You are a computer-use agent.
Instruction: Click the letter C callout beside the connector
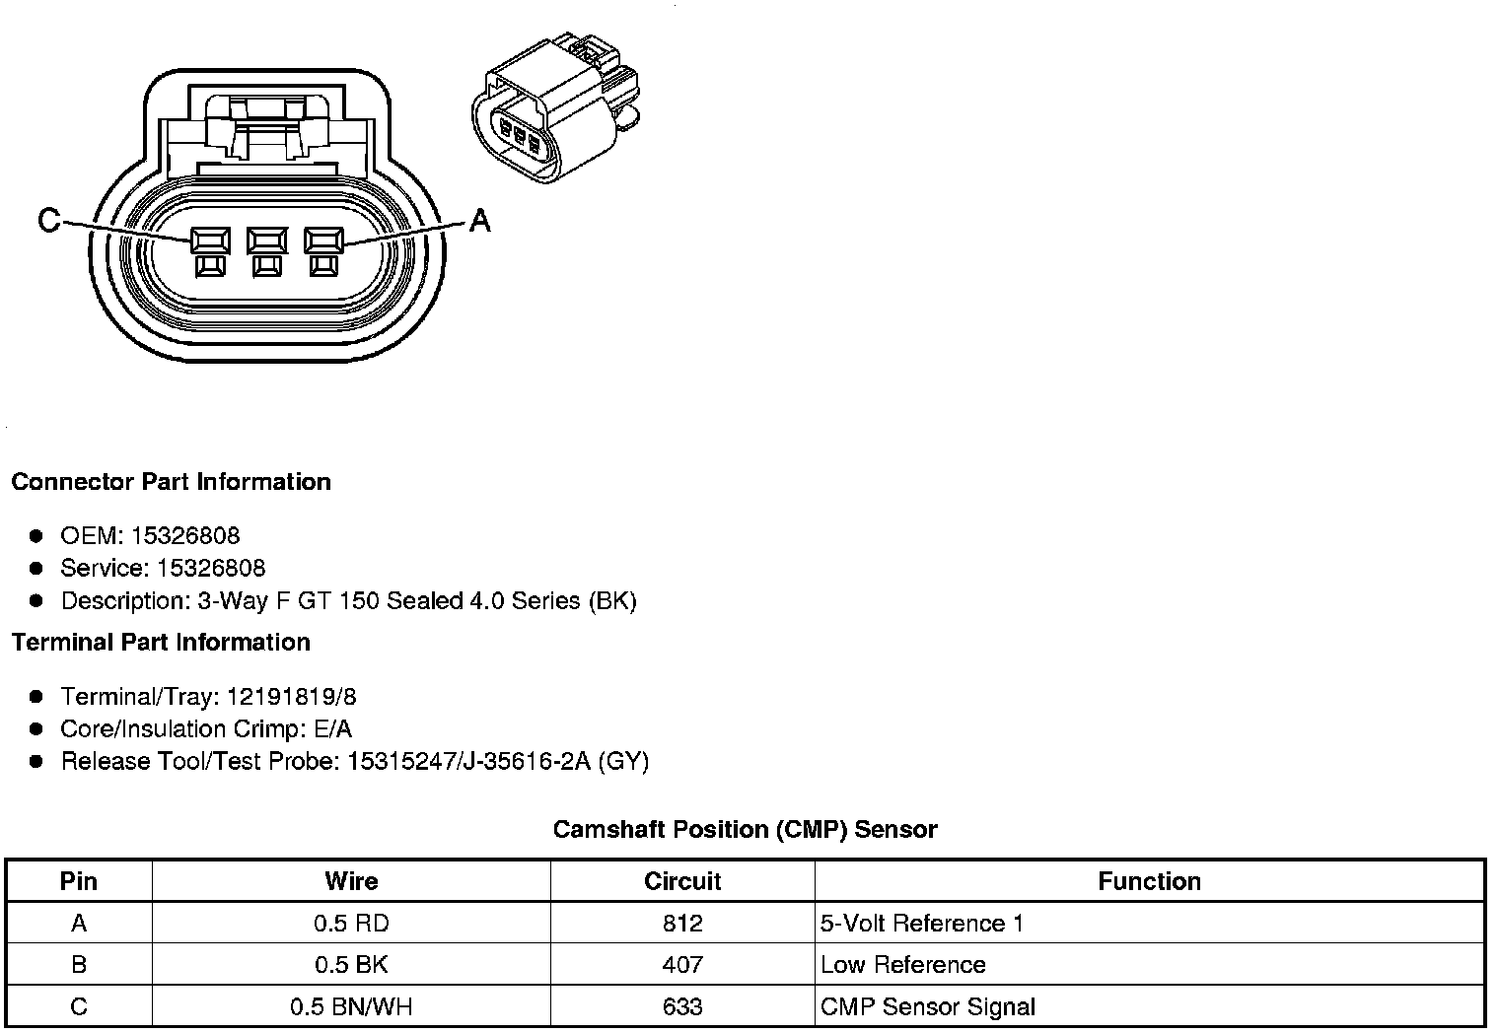click(x=48, y=220)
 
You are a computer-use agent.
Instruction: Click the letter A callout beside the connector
click(x=479, y=220)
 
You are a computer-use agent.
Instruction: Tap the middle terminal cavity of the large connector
click(x=266, y=241)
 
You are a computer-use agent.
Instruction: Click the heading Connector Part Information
click(x=171, y=482)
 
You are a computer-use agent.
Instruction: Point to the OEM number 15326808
click(x=185, y=535)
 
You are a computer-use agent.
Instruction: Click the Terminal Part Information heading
click(x=161, y=643)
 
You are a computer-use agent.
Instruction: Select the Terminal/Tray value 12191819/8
click(x=292, y=697)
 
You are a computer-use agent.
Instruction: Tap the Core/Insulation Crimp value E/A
click(x=330, y=729)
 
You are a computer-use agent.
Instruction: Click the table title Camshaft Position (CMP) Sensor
click(x=745, y=830)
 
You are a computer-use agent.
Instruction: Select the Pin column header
click(x=79, y=881)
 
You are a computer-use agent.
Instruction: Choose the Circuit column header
click(x=682, y=881)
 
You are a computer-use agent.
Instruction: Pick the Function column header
click(x=1149, y=881)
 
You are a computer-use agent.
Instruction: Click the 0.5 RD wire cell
click(x=351, y=924)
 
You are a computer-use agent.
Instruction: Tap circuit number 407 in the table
click(x=682, y=965)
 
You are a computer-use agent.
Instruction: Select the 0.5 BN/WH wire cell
click(x=351, y=1006)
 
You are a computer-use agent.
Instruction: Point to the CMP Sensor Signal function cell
click(x=928, y=1006)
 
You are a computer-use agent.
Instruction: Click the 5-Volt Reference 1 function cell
click(x=922, y=924)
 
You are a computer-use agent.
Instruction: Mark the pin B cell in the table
click(x=79, y=965)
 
